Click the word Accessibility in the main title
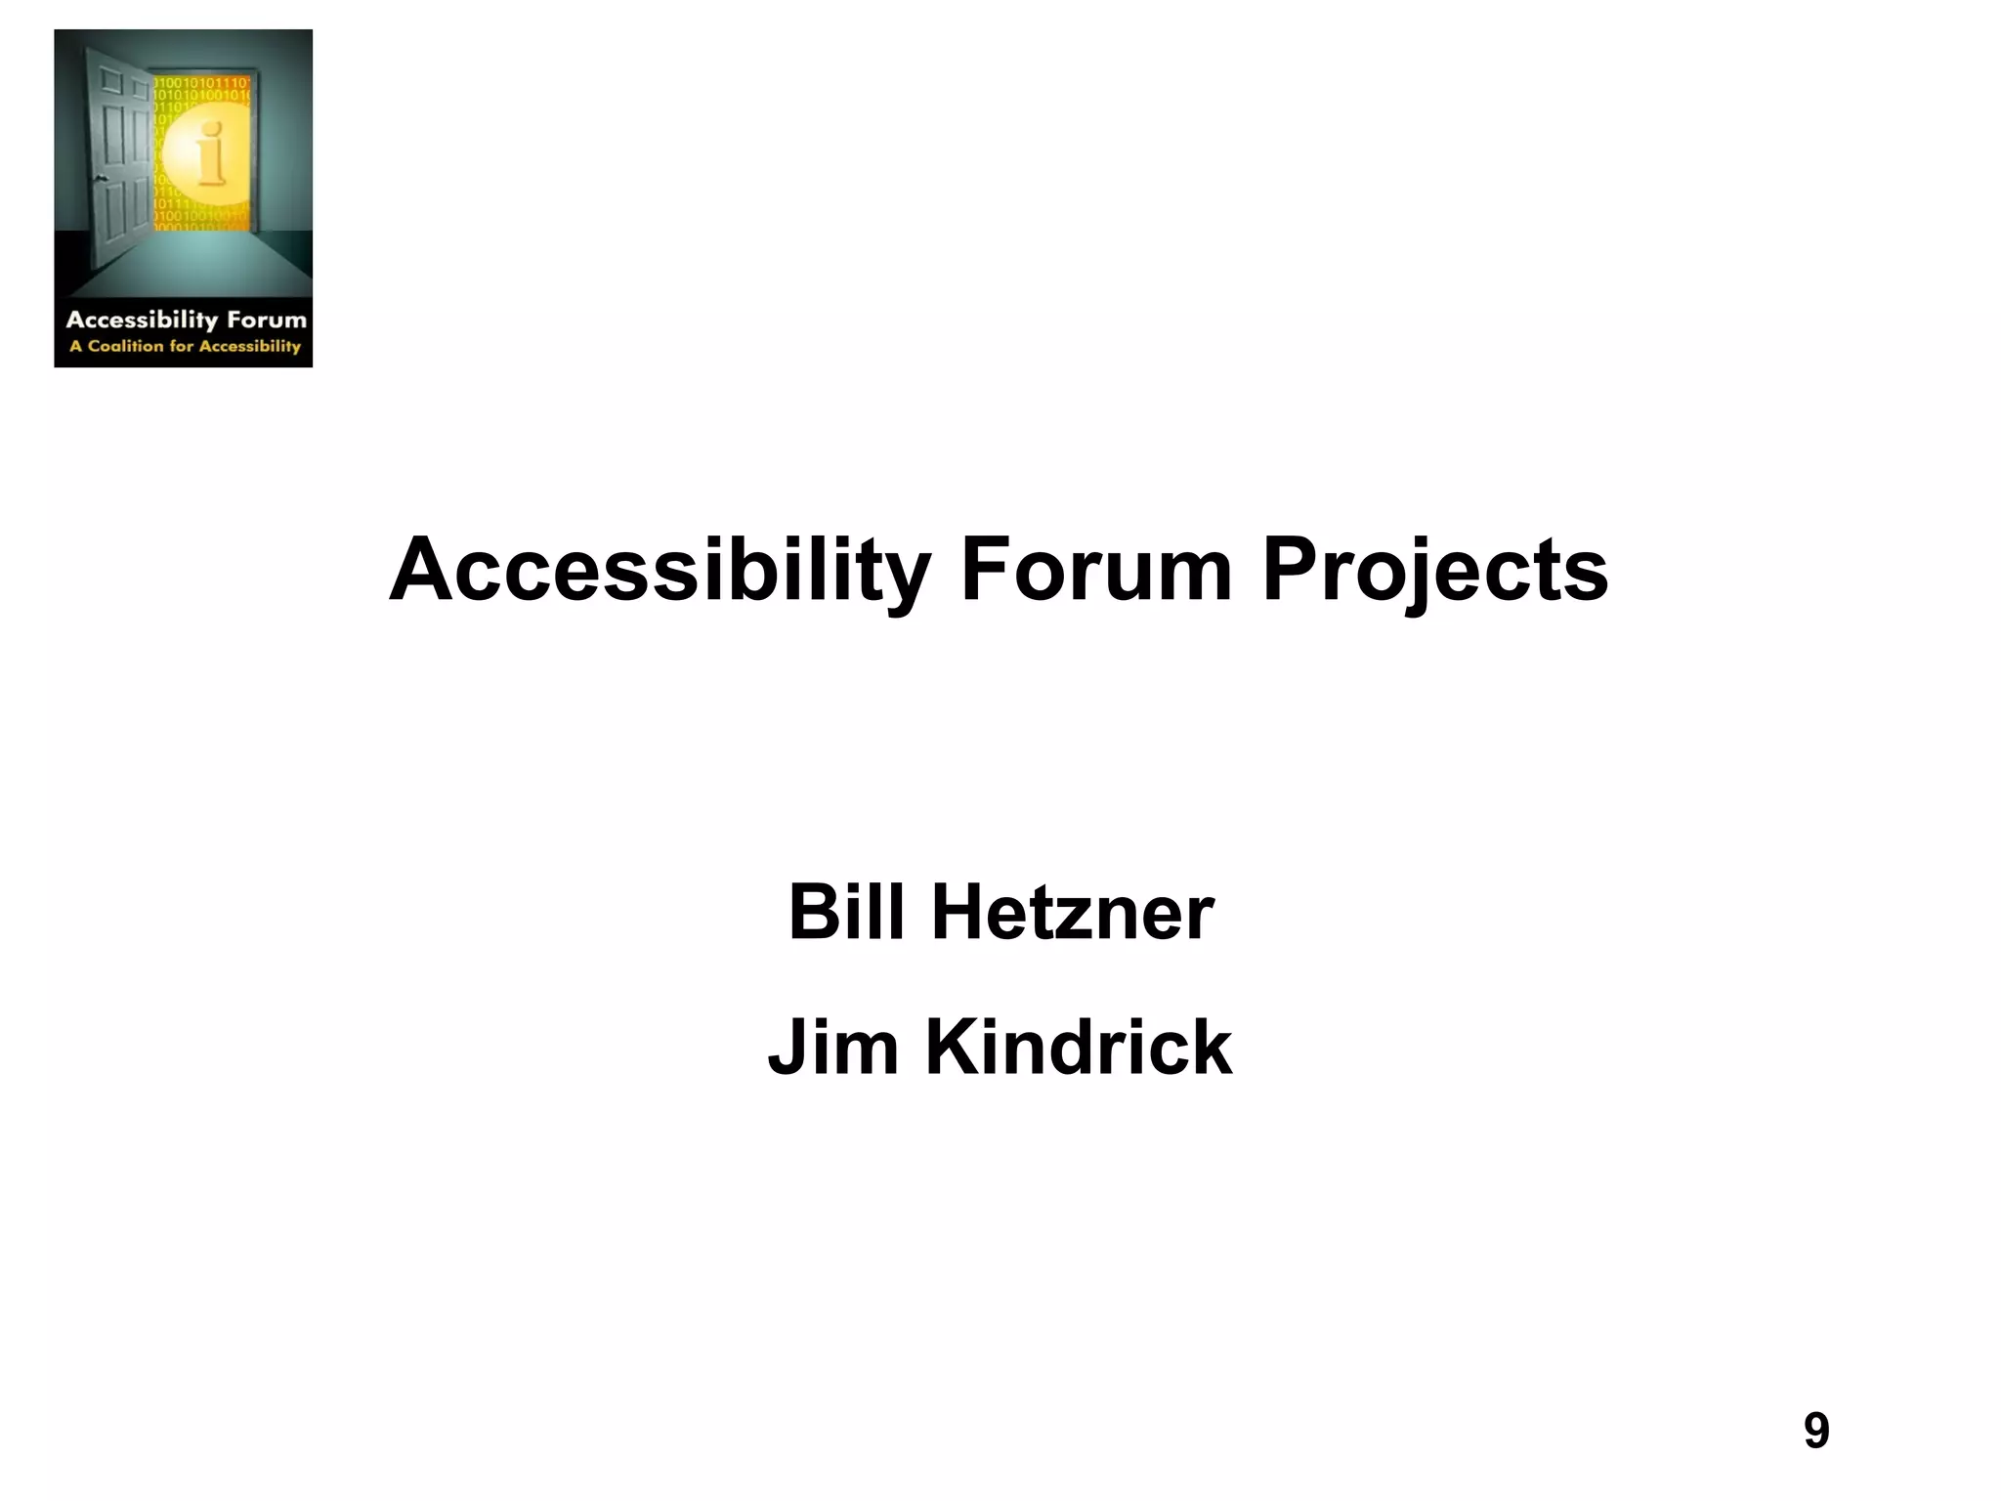(659, 571)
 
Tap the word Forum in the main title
(1096, 571)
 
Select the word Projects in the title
(1434, 571)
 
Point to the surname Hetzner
(1072, 913)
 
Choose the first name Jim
(832, 1048)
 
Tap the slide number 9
(1815, 1431)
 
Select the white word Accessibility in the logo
(141, 320)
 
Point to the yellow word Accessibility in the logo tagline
(250, 346)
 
